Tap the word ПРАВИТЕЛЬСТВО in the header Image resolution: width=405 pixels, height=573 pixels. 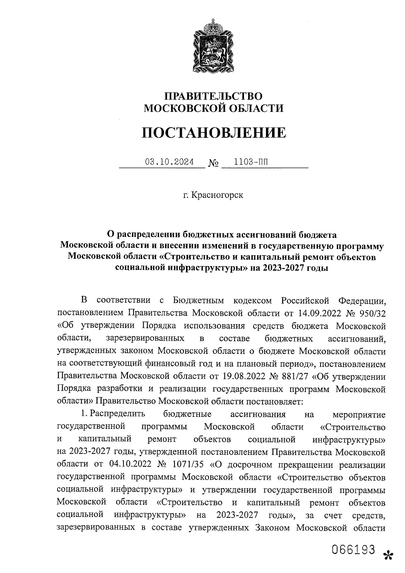[213, 96]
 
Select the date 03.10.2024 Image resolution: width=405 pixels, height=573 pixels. [169, 162]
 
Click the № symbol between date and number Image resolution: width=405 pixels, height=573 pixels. [213, 164]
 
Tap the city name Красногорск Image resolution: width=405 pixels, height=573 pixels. [217, 195]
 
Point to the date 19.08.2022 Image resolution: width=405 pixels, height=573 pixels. [244, 376]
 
